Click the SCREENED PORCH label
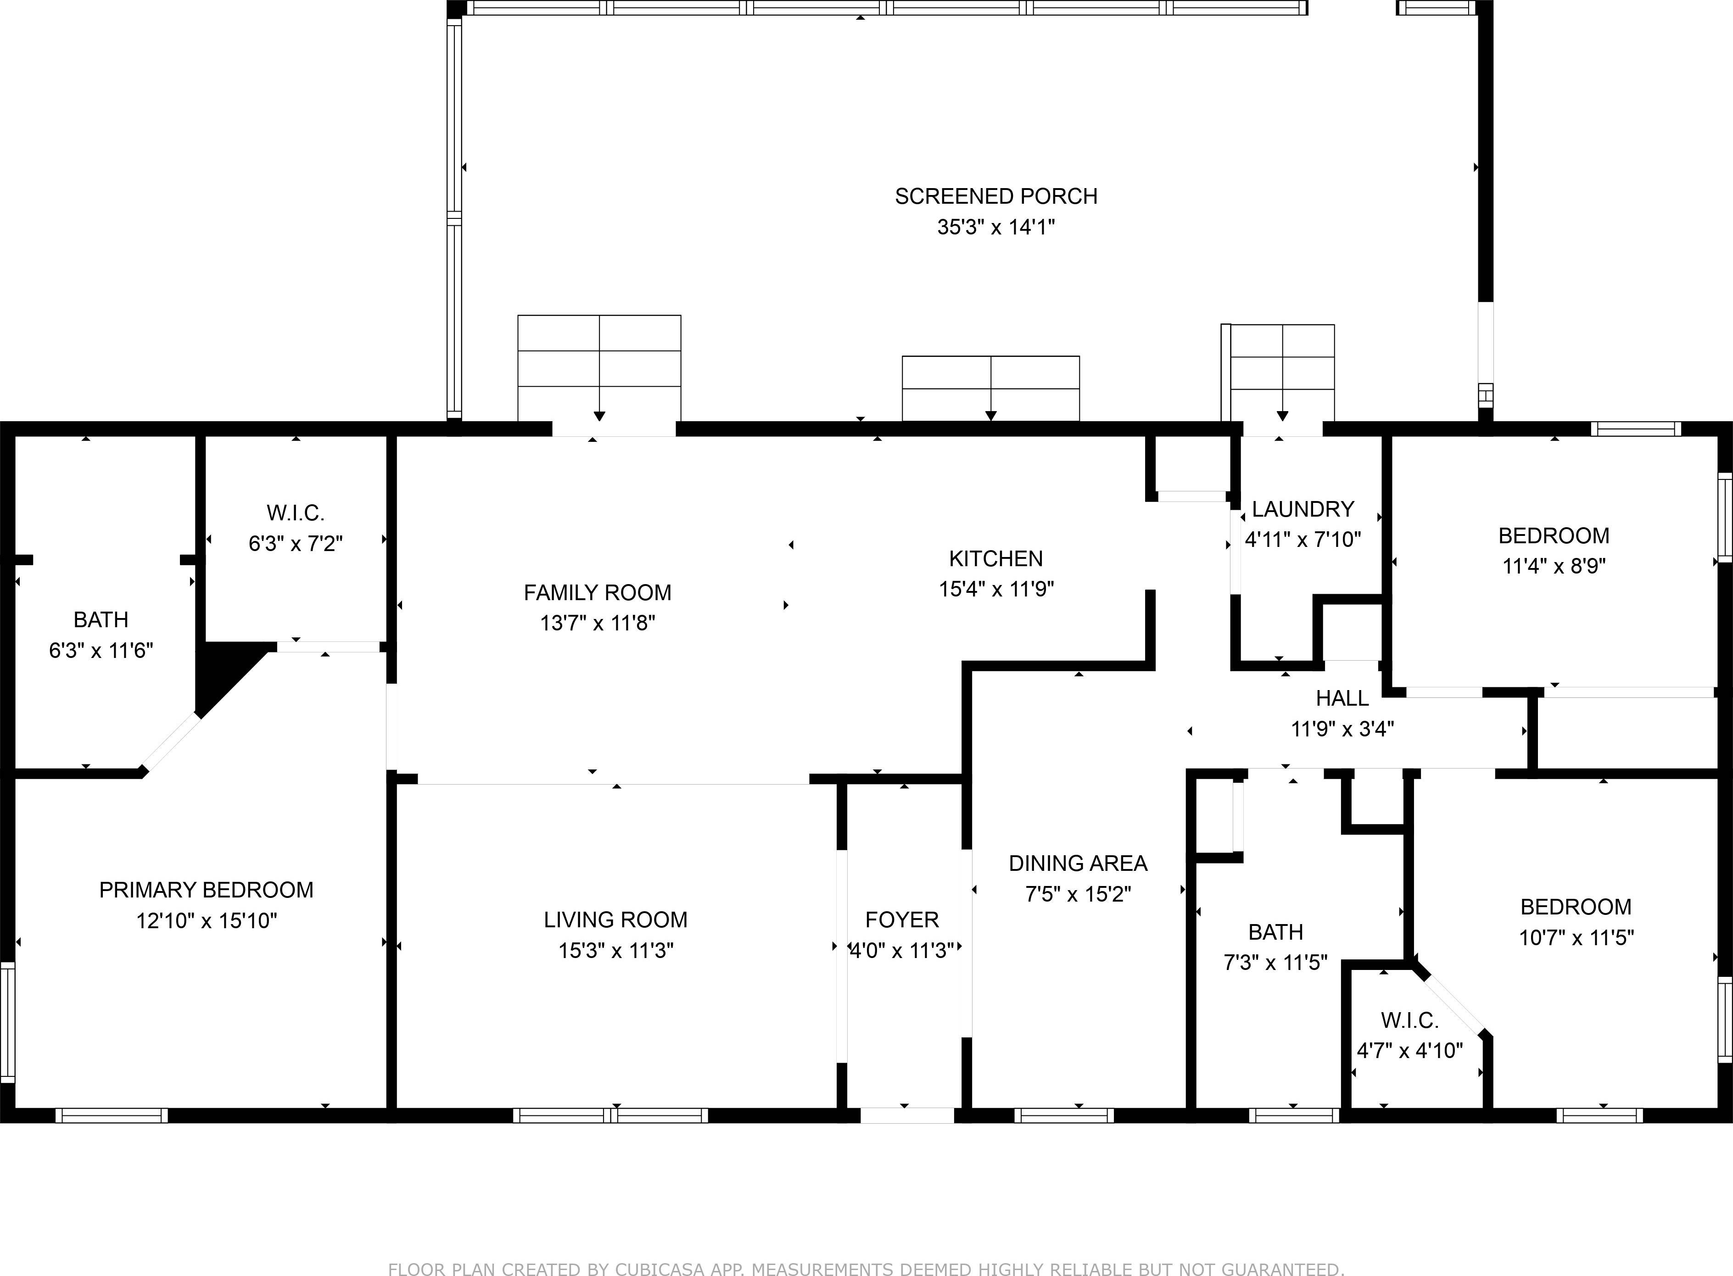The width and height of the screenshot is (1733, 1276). (996, 196)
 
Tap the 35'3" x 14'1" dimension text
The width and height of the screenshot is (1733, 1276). (996, 227)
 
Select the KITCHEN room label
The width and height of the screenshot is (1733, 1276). (996, 558)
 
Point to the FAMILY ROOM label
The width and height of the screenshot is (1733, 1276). (597, 592)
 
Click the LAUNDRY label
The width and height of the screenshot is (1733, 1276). (1303, 509)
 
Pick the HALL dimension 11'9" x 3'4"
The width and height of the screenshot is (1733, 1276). (1342, 728)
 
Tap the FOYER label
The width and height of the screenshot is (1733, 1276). (902, 919)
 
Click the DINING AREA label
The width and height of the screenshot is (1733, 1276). (1078, 863)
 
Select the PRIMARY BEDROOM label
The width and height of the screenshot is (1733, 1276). (206, 890)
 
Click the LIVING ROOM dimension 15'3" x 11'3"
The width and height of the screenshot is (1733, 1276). (616, 950)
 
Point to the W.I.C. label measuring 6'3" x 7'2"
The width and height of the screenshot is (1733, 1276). (295, 513)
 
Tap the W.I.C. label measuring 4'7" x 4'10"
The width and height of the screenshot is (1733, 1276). (1409, 1020)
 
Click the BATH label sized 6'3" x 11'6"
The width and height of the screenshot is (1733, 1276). (101, 619)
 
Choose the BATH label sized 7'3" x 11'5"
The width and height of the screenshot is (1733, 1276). (1275, 932)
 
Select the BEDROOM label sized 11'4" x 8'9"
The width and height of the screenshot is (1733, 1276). (1554, 535)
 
